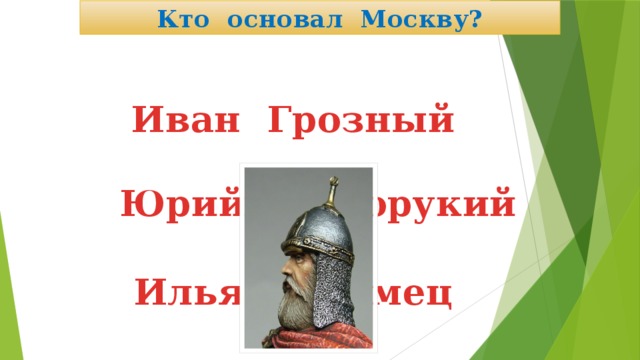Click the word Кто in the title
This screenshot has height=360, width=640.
[x=177, y=18]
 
